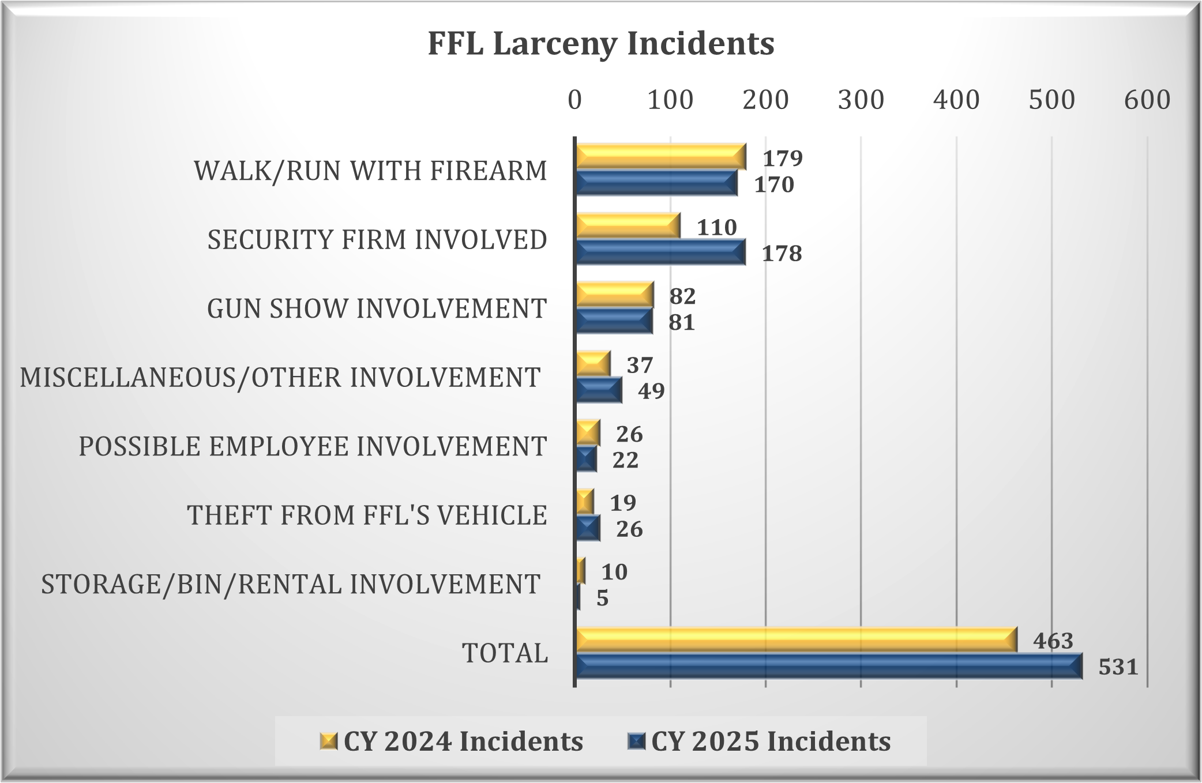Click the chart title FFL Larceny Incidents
[x=600, y=43]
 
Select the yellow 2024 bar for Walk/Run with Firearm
[x=660, y=156]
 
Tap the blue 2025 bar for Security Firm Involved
[x=660, y=252]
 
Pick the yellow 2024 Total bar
[x=796, y=639]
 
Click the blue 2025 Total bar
[x=828, y=666]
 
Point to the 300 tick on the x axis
[x=861, y=100]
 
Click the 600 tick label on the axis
[x=1147, y=100]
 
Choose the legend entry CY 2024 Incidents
[x=452, y=741]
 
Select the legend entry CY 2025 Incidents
[x=760, y=741]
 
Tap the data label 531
[x=1118, y=667]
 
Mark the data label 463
[x=1053, y=641]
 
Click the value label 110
[x=716, y=227]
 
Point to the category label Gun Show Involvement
[x=377, y=308]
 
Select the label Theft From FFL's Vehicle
[x=367, y=515]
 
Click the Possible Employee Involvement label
[x=313, y=446]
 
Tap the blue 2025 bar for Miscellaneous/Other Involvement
[x=599, y=390]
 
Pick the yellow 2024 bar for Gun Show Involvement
[x=614, y=295]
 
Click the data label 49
[x=651, y=391]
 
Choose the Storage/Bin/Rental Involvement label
[x=291, y=584]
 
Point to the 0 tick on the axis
[x=574, y=100]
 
